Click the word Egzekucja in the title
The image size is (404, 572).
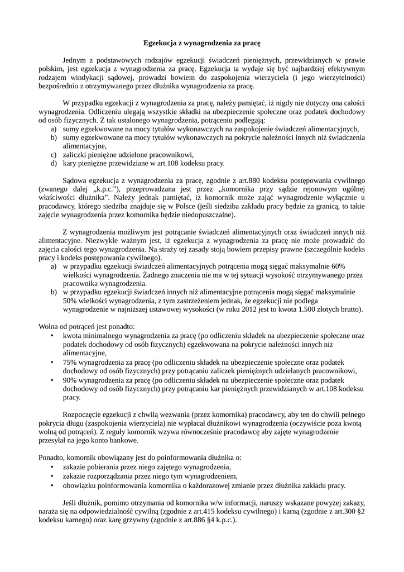click(x=161, y=42)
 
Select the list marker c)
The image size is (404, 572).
click(x=54, y=155)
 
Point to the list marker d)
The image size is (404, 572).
click(x=54, y=164)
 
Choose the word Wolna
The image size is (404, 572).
click(x=48, y=326)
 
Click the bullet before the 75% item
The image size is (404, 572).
click(x=52, y=362)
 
